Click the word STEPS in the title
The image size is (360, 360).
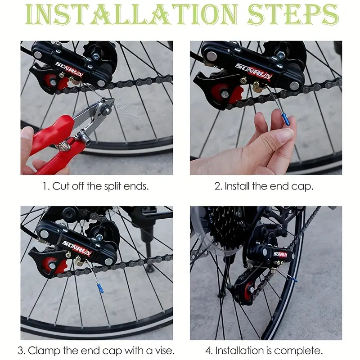pos(293,14)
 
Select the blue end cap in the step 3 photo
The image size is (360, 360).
pos(100,288)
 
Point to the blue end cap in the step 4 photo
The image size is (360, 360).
pos(295,279)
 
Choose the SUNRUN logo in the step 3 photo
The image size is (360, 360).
pos(77,248)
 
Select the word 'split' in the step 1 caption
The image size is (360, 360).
pos(112,186)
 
